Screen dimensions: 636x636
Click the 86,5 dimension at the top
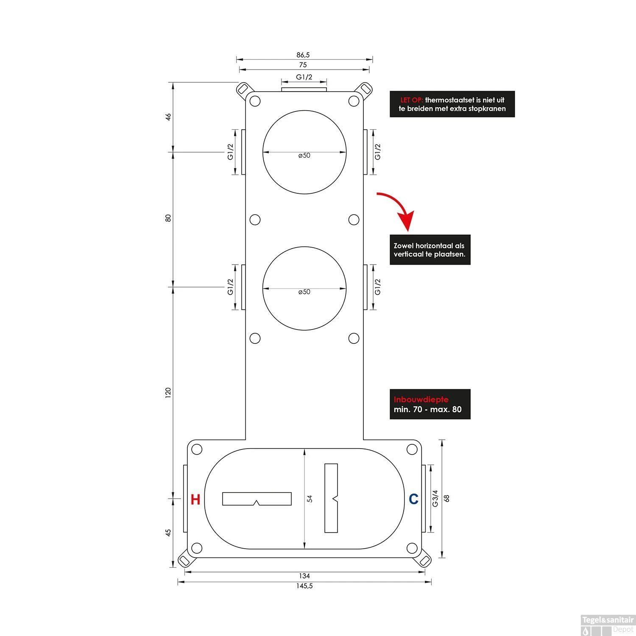[303, 55]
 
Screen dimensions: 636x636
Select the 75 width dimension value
[303, 65]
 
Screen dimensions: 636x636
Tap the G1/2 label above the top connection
[304, 77]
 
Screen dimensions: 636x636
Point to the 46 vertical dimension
[168, 116]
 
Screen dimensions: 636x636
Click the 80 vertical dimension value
[168, 218]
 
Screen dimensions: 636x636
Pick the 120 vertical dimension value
[168, 392]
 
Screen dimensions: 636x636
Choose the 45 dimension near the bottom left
[168, 532]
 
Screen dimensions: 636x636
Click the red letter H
[195, 500]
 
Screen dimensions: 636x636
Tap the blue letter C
[413, 499]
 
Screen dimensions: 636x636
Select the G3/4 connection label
[435, 499]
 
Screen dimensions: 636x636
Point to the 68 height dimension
[446, 499]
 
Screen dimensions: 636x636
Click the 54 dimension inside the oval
[310, 499]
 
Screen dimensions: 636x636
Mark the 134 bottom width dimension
[304, 576]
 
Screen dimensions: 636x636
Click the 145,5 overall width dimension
[304, 586]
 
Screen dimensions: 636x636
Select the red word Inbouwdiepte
[421, 399]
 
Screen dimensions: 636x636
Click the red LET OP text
[412, 100]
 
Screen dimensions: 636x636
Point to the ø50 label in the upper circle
[304, 156]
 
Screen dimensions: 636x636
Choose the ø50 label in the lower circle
[304, 292]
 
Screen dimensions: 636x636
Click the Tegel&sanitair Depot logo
[608, 625]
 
